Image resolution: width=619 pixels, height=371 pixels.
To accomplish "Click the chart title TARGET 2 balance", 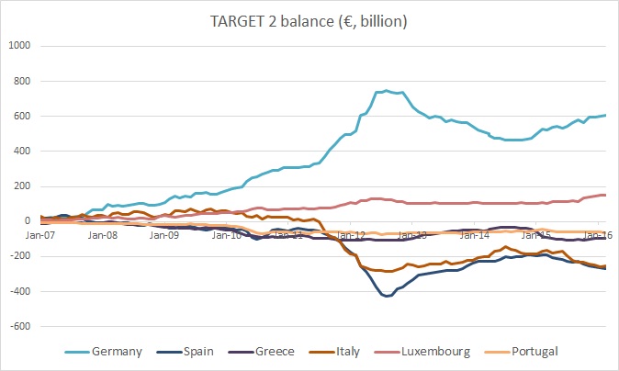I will click(309, 20).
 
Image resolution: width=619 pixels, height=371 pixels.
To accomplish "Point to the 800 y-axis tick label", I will click(21, 81).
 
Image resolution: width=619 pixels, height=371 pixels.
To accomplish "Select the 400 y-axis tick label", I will click(21, 151).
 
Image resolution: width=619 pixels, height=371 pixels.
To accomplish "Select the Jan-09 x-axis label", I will click(164, 236).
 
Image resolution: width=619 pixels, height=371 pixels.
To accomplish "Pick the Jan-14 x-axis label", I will click(474, 236).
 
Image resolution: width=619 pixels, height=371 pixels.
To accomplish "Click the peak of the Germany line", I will click(387, 90).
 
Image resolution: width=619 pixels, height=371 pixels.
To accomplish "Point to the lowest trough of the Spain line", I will click(387, 297).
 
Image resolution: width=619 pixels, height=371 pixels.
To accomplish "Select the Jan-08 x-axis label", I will click(102, 236).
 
